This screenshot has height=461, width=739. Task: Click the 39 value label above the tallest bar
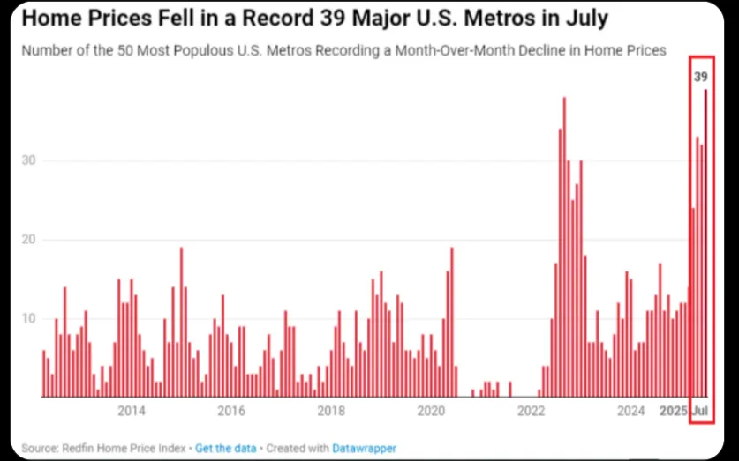[x=700, y=77]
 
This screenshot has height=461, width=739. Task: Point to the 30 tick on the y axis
[x=30, y=160]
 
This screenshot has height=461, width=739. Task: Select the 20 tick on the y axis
[x=30, y=240]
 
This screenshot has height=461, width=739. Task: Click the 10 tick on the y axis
[x=30, y=318]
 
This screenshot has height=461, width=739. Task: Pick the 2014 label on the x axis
[x=132, y=411]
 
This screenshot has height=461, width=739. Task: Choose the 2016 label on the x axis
[x=230, y=411]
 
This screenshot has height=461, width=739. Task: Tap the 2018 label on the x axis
[x=330, y=411]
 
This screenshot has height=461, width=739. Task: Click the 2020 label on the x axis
[x=431, y=411]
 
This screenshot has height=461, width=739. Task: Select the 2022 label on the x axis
[x=532, y=411]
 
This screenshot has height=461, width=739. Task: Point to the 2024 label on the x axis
[x=631, y=411]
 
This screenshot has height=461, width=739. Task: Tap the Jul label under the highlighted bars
[x=700, y=411]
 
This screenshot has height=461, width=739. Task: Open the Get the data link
[x=225, y=448]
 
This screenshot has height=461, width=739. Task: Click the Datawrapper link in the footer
[x=364, y=448]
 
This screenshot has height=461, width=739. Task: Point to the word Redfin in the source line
[x=79, y=448]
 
